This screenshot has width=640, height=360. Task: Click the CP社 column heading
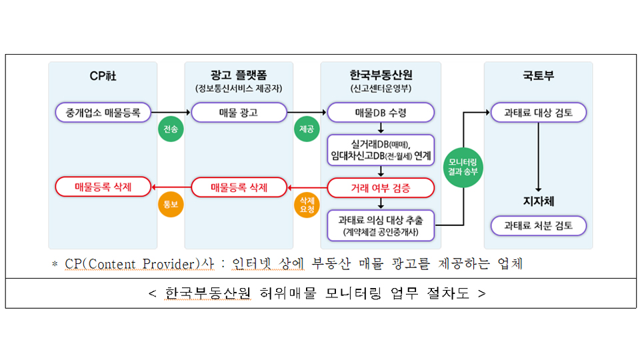[103, 75]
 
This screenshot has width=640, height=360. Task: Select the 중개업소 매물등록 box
[103, 112]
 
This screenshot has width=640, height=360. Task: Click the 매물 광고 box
[239, 112]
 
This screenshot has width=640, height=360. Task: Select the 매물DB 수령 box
[381, 112]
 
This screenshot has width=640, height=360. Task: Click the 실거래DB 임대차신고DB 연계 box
[381, 150]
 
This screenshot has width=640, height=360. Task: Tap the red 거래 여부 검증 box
[381, 188]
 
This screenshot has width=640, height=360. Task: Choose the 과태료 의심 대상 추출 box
[381, 225]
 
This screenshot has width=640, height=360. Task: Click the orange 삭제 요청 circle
[307, 205]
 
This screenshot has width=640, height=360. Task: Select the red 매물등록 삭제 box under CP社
[103, 187]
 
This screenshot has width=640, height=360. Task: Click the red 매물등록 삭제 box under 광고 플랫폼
[239, 187]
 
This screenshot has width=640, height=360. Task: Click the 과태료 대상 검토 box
[538, 112]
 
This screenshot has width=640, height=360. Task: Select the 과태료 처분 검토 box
[538, 225]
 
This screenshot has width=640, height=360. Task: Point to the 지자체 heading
[538, 201]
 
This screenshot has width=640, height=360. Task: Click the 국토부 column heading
[538, 75]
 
